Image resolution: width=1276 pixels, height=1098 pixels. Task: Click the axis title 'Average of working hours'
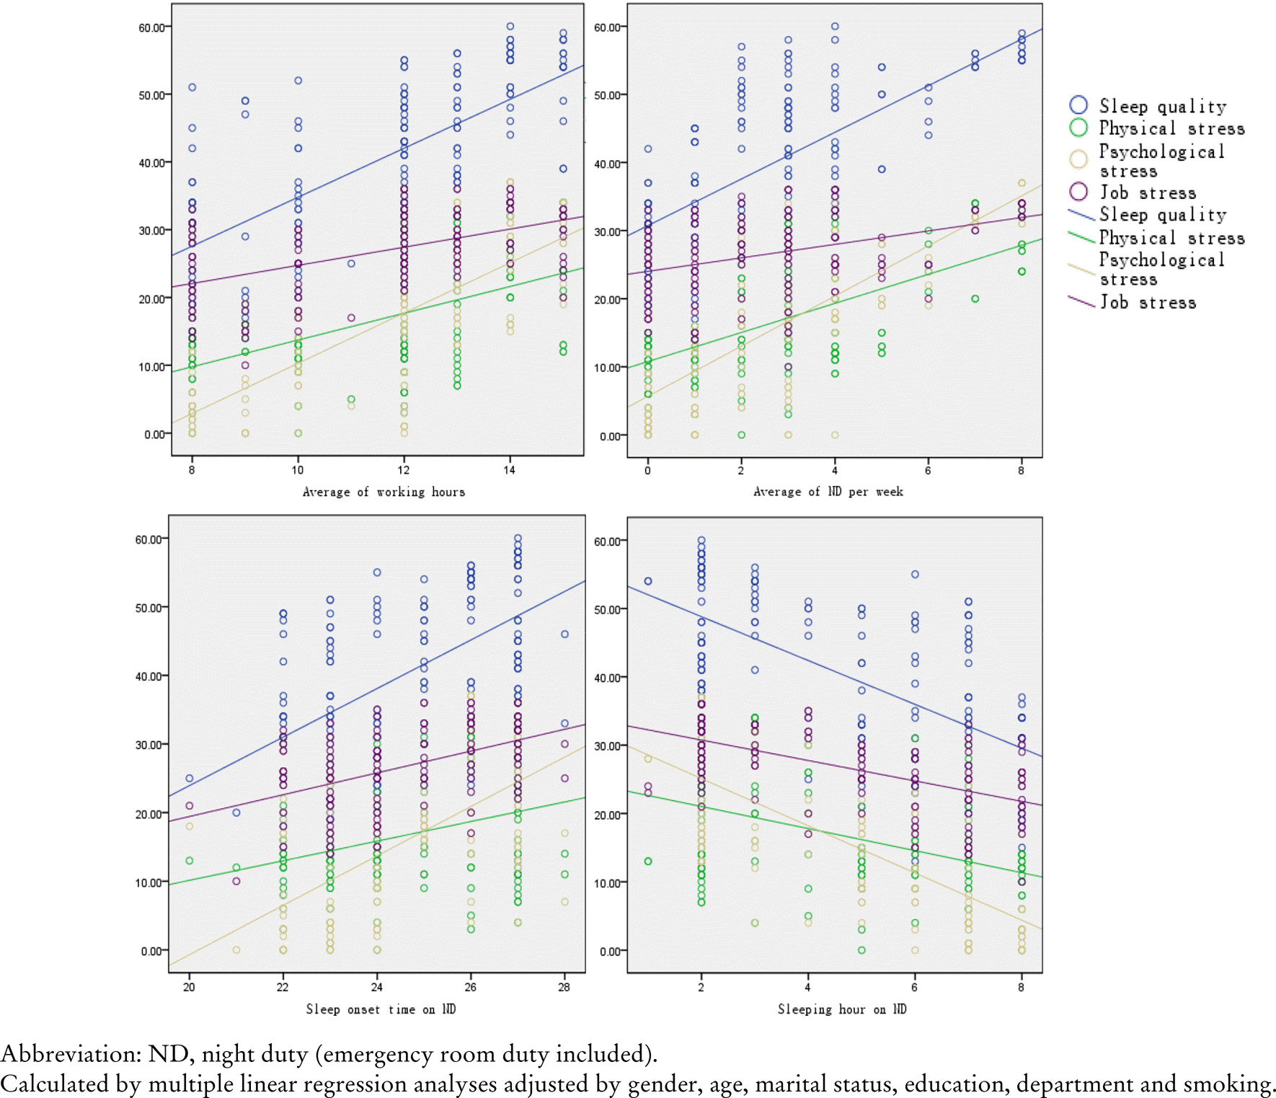pyautogui.click(x=384, y=492)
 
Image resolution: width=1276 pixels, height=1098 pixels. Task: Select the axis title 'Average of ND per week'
pyautogui.click(x=828, y=492)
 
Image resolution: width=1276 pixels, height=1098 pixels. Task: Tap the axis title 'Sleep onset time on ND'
pyautogui.click(x=381, y=1009)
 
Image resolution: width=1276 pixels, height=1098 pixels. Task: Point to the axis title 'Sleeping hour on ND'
pyautogui.click(x=841, y=1009)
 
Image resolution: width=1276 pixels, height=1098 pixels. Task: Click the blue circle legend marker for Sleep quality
pyautogui.click(x=1078, y=105)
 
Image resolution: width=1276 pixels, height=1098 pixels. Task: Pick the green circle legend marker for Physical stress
pyautogui.click(x=1078, y=128)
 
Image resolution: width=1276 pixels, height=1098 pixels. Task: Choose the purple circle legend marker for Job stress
pyautogui.click(x=1078, y=192)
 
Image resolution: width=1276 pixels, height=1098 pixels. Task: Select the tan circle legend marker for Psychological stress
pyautogui.click(x=1078, y=159)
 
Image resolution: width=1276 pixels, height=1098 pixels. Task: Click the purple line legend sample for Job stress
pyautogui.click(x=1081, y=301)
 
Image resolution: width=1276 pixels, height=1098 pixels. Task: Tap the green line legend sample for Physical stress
pyautogui.click(x=1081, y=236)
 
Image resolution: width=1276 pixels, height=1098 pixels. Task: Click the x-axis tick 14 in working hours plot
pyautogui.click(x=510, y=470)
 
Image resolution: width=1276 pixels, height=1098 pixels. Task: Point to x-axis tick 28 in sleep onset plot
pyautogui.click(x=564, y=987)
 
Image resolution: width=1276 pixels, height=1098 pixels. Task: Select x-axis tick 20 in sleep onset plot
pyautogui.click(x=189, y=987)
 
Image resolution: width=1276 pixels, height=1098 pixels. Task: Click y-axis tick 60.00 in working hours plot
pyautogui.click(x=151, y=27)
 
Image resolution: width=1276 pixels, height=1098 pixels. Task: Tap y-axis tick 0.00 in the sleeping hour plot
pyautogui.click(x=611, y=952)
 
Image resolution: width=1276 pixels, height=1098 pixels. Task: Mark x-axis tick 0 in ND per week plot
pyautogui.click(x=647, y=470)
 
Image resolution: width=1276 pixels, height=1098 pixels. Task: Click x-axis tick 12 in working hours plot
pyautogui.click(x=404, y=470)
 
